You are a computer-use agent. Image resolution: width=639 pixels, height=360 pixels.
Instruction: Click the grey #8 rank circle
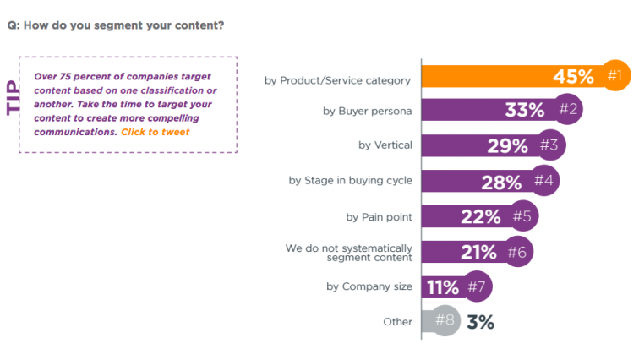(445, 321)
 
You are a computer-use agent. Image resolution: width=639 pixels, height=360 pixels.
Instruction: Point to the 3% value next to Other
(480, 322)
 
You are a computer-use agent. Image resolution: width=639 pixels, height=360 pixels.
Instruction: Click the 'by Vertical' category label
(385, 145)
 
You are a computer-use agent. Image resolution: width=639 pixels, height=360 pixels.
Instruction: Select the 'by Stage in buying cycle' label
(350, 180)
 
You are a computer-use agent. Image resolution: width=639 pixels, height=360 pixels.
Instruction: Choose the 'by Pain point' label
(379, 216)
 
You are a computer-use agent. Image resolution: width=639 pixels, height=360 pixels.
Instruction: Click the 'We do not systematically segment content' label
(348, 252)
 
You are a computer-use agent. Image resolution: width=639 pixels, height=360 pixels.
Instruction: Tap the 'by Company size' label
(369, 286)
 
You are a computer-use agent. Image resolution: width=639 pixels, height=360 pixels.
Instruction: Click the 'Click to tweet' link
(156, 133)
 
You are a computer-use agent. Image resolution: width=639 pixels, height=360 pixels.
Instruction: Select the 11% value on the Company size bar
(443, 287)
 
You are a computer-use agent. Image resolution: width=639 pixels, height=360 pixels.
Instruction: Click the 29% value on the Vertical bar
(507, 145)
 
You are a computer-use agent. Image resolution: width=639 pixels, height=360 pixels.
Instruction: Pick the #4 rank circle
(543, 181)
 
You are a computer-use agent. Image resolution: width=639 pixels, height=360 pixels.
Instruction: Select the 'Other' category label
(397, 322)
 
